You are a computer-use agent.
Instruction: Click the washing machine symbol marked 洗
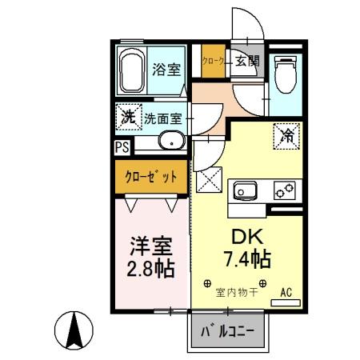[x=126, y=117]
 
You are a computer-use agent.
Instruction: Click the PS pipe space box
[x=122, y=147]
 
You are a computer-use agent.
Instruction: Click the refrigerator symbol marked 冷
[x=286, y=137]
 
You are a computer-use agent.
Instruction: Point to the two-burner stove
[x=285, y=190]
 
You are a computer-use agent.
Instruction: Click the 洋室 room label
[x=150, y=244]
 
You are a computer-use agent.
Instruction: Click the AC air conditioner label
[x=286, y=293]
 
